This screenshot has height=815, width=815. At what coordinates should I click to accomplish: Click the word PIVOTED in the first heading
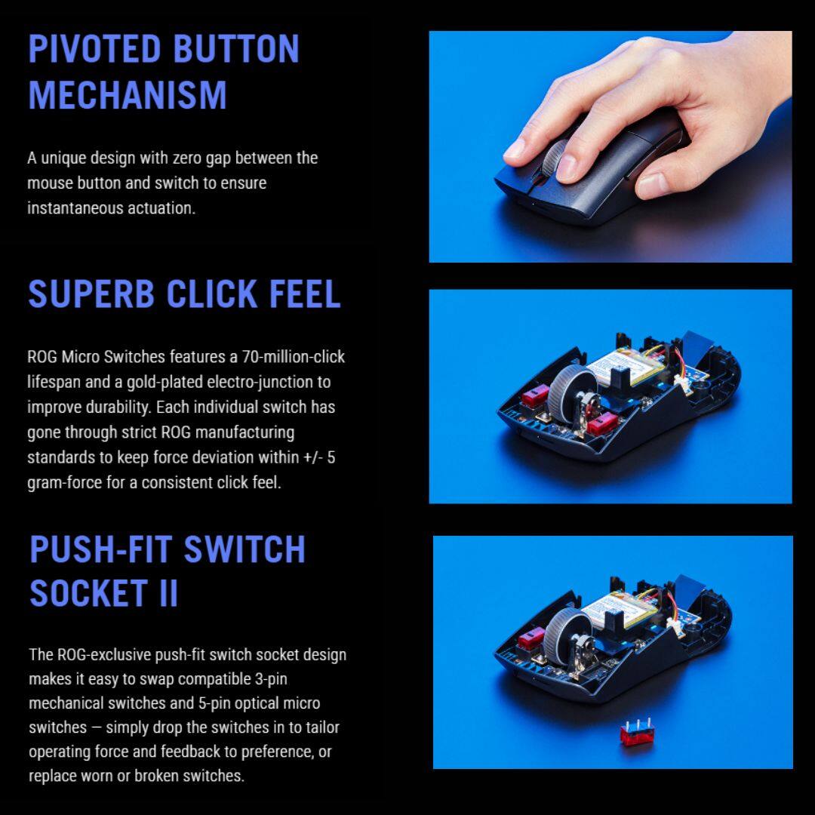[94, 49]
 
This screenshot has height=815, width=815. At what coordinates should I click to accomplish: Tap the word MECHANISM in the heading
[128, 94]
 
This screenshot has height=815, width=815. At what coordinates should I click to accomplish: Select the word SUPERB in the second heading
[91, 294]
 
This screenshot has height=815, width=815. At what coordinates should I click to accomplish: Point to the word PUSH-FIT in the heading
[101, 549]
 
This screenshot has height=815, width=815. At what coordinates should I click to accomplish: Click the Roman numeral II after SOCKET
[168, 593]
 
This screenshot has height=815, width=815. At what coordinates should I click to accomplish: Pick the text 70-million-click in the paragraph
[293, 356]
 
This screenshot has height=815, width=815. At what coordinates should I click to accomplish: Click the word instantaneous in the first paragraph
[75, 208]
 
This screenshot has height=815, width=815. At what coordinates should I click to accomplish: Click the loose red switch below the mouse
[637, 732]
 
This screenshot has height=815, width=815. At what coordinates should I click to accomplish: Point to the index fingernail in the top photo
[514, 149]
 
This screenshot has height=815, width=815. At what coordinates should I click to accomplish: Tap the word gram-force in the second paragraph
[64, 483]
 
